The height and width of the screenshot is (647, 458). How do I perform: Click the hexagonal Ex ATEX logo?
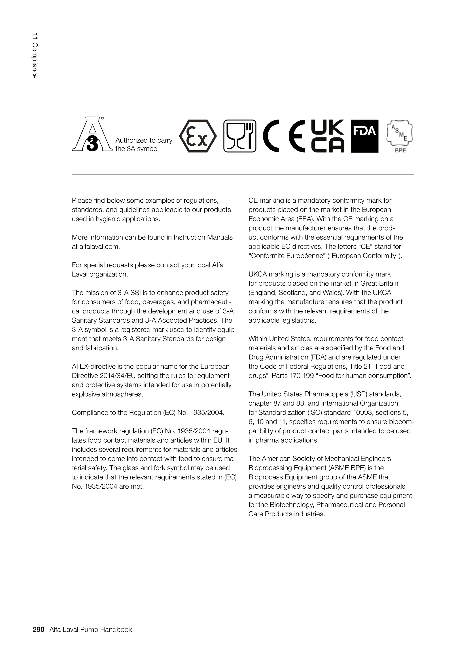click(x=198, y=136)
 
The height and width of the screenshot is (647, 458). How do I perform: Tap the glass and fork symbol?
click(x=240, y=136)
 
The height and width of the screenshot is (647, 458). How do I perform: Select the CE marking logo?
click(x=284, y=136)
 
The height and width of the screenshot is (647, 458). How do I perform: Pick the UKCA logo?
click(x=327, y=136)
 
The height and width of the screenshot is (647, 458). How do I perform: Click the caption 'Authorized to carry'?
click(x=144, y=140)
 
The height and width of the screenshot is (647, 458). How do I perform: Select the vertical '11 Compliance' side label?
click(x=34, y=56)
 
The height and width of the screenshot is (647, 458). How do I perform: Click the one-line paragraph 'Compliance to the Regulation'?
click(x=148, y=413)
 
